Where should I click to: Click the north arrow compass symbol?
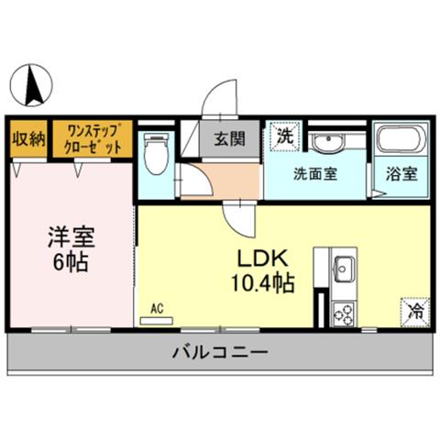pos(31,85)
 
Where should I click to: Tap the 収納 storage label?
pos(28,139)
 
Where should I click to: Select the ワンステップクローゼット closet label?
pos(93,139)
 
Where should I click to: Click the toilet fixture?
pos(156,153)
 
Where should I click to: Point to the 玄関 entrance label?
pos(229,139)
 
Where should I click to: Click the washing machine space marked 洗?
pos(285,136)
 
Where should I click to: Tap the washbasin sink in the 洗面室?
pos(329,143)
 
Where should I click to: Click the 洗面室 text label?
pos(315,174)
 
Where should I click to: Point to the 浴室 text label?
pos(401,174)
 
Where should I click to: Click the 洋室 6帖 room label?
pos(71,249)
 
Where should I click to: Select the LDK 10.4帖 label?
pos(263,270)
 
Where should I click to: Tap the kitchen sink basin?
pos(345,269)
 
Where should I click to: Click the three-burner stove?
pos(344,313)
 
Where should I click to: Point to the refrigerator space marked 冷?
pos(415,313)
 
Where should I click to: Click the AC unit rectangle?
pos(157,321)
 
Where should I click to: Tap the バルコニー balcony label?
pos(221,352)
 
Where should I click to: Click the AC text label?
pos(157,309)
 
